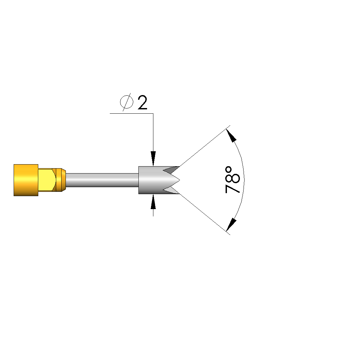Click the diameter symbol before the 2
126,102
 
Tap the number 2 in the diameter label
142,102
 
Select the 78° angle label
233,180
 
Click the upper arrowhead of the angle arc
231,136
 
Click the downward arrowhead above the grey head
153,159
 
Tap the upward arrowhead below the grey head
153,201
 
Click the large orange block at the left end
26,180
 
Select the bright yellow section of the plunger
47,180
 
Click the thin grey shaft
102,180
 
